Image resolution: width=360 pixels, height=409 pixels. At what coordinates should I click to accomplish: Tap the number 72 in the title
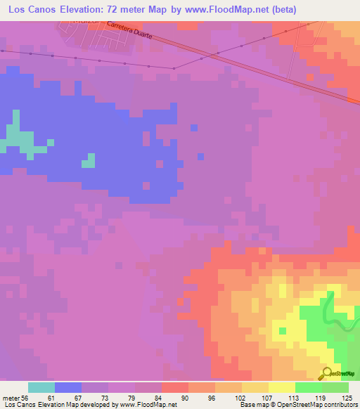(129, 10)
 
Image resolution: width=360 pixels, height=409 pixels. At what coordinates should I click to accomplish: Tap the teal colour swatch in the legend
(41, 387)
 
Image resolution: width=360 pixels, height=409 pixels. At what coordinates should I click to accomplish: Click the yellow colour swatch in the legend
(282, 387)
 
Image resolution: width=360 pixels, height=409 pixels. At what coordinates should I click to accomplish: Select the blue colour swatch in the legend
(68, 387)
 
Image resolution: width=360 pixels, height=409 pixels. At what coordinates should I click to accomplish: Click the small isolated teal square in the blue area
(88, 161)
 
